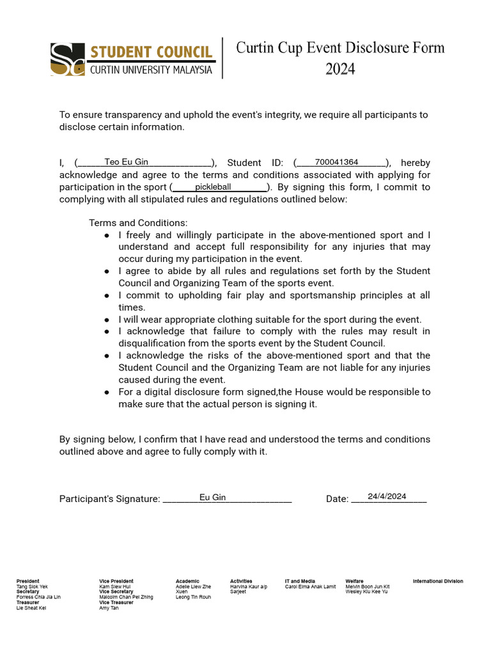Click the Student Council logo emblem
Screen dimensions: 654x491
click(x=67, y=59)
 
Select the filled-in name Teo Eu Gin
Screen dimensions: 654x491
click(x=126, y=162)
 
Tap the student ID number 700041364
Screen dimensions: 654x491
click(x=336, y=162)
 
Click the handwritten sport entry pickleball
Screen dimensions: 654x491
click(x=213, y=187)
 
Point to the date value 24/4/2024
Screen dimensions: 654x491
click(x=387, y=496)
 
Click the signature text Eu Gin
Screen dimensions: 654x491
click(x=212, y=498)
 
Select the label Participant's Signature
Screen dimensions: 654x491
click(x=109, y=499)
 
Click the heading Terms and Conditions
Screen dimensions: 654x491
click(x=138, y=223)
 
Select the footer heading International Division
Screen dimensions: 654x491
click(x=438, y=581)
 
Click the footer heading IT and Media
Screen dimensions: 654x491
click(x=300, y=581)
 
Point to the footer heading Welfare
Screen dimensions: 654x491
click(x=354, y=581)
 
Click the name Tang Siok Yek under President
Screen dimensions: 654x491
click(x=32, y=586)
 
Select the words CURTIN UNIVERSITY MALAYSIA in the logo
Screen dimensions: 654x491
click(x=150, y=70)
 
